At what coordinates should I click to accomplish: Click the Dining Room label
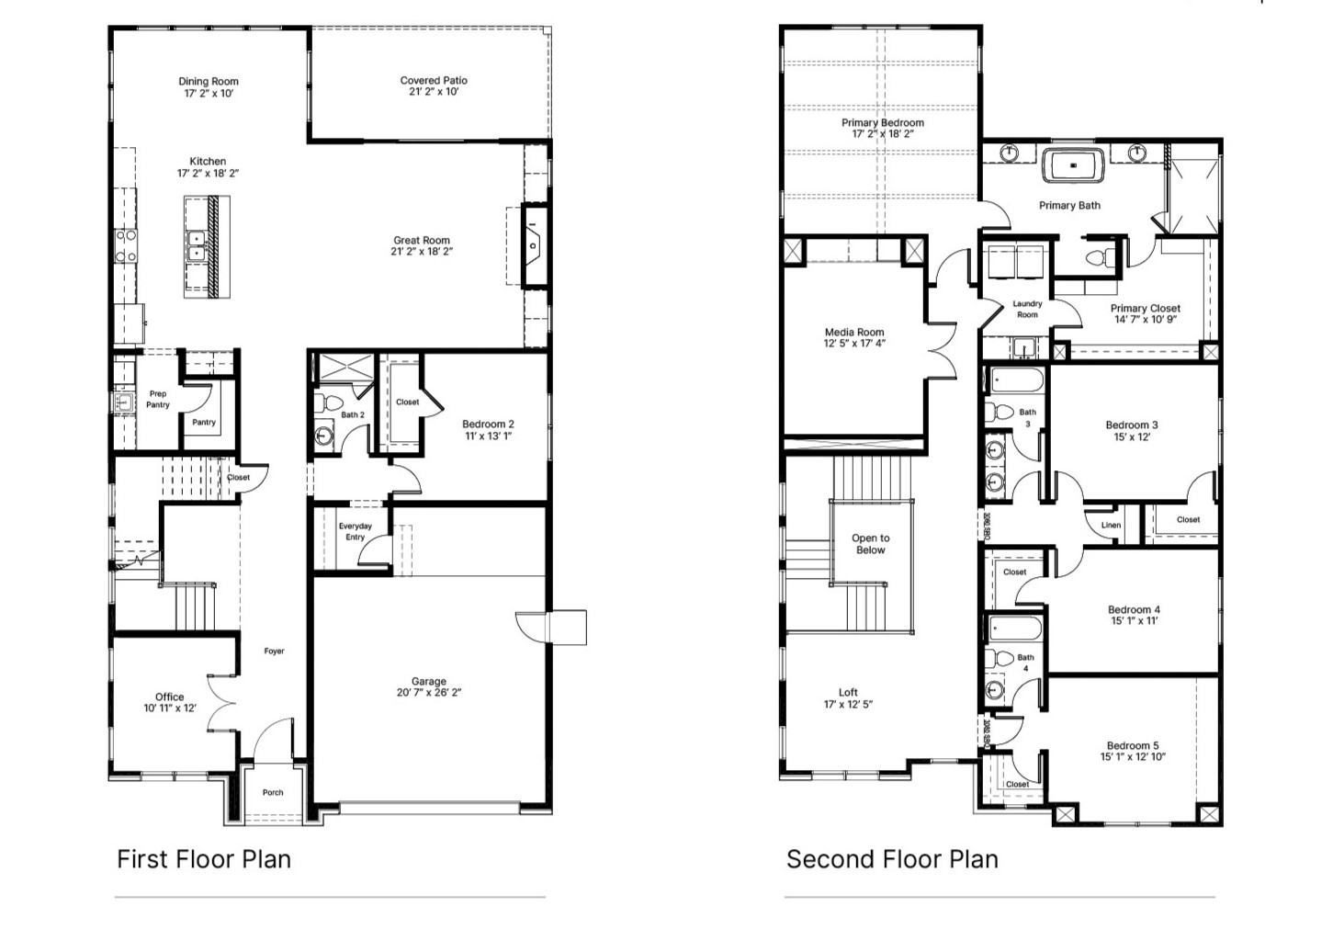tap(209, 81)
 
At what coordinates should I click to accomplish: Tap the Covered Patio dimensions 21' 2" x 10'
tap(434, 92)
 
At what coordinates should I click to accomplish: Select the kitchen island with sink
tap(207, 246)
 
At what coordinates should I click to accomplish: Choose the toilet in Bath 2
tap(328, 403)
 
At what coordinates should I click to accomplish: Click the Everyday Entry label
tap(355, 531)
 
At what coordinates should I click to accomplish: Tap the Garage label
tap(428, 681)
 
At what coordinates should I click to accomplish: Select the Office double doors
tap(220, 704)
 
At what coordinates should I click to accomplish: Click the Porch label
tap(273, 792)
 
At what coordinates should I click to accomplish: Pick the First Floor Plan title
tap(204, 859)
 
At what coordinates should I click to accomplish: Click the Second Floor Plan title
tap(892, 859)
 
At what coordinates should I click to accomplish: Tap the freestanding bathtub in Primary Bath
tap(1074, 166)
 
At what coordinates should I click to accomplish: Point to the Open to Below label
tap(870, 544)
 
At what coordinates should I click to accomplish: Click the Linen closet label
tap(1111, 526)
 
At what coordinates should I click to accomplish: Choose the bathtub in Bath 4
tap(1016, 629)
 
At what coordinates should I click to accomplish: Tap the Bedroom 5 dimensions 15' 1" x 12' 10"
tap(1133, 757)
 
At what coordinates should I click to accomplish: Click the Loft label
tap(848, 692)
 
